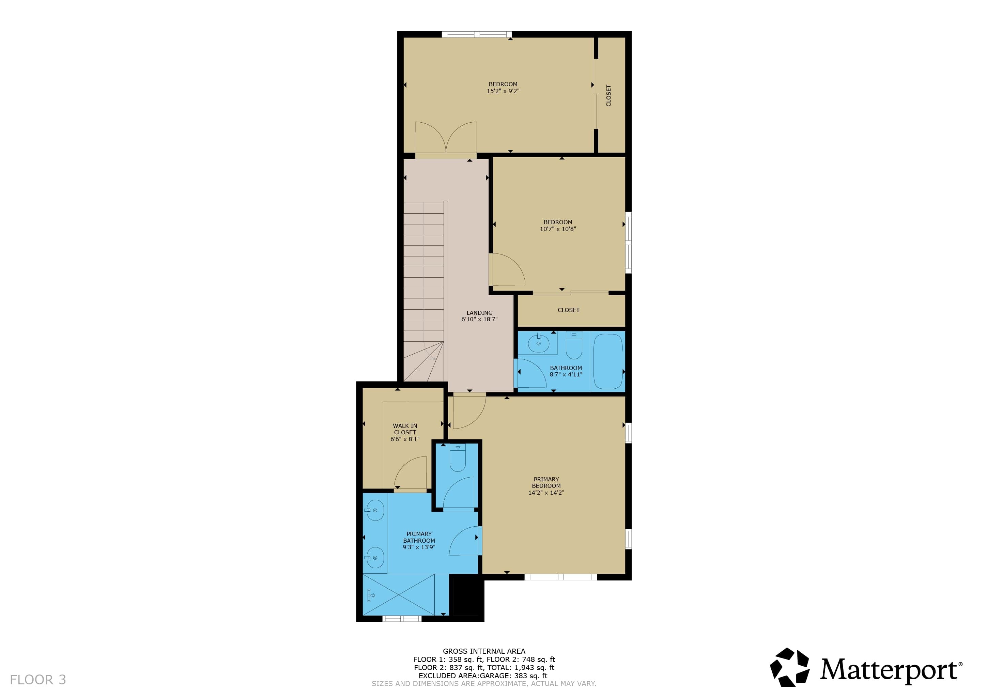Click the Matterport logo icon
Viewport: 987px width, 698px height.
pos(790,667)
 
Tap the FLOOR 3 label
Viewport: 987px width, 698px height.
pos(38,680)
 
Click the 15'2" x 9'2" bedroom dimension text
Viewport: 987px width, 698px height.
pos(503,91)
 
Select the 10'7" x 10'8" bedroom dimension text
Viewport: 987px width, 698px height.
pos(558,229)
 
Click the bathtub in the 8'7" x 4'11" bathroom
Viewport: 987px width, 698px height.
pos(608,361)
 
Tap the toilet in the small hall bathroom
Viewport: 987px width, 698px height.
pos(574,346)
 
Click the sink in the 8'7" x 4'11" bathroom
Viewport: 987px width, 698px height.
pos(538,343)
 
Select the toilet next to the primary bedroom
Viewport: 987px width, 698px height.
pos(458,458)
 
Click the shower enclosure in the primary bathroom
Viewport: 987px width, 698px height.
pos(399,595)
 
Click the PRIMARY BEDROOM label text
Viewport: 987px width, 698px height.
pos(546,483)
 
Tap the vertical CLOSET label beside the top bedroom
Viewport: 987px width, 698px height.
pos(608,95)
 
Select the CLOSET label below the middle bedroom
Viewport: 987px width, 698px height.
pos(568,310)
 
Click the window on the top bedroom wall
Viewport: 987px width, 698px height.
pos(476,34)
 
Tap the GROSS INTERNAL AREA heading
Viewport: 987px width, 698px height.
pos(484,651)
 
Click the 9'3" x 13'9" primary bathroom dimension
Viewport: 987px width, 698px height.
pos(419,547)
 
